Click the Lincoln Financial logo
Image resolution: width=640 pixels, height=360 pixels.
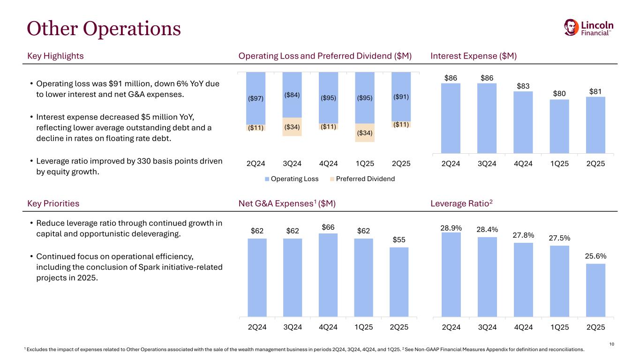pyautogui.click(x=589, y=27)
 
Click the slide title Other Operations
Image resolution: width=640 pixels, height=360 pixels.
pyautogui.click(x=104, y=29)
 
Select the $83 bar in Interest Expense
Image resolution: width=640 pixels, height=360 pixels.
pyautogui.click(x=523, y=122)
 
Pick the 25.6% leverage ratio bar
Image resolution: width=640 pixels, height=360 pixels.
pyautogui.click(x=595, y=290)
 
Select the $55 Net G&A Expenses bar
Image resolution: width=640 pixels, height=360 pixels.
pyautogui.click(x=399, y=282)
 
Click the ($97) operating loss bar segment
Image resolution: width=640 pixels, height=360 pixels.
pyautogui.click(x=256, y=98)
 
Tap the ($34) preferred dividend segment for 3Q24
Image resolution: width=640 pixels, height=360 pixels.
pyautogui.click(x=292, y=127)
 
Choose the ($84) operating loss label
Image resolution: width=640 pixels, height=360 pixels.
pyautogui.click(x=292, y=95)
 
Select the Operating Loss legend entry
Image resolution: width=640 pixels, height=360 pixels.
pyautogui.click(x=292, y=179)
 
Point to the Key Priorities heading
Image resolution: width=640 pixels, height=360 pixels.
pyautogui.click(x=53, y=204)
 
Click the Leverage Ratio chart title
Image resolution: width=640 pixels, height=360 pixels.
pyautogui.click(x=461, y=204)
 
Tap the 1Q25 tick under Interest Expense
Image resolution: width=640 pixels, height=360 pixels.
pyautogui.click(x=559, y=164)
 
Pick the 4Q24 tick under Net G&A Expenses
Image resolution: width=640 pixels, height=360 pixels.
pyautogui.click(x=328, y=327)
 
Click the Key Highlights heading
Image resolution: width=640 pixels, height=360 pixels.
pyautogui.click(x=56, y=56)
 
